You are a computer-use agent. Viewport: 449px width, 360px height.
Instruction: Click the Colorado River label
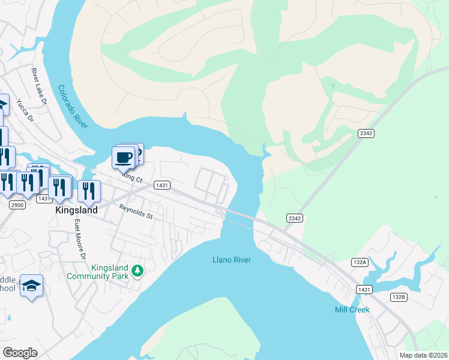73,107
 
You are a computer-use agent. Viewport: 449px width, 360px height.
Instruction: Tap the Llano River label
231,260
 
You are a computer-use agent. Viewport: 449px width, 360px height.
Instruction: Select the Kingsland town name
76,211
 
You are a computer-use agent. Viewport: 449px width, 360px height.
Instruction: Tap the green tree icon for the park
138,272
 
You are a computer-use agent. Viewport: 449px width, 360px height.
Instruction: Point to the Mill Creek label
352,310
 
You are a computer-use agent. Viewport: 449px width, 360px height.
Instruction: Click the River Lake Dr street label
40,86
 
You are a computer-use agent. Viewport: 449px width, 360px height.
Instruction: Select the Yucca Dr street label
25,110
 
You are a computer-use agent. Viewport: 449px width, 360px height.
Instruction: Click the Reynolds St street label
136,212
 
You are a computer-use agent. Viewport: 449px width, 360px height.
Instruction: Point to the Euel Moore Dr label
78,239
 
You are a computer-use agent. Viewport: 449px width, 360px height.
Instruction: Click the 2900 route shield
17,205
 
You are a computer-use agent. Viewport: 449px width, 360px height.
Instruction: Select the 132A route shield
360,263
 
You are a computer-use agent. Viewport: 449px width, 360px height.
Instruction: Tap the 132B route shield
399,297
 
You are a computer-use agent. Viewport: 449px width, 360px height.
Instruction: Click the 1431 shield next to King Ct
161,185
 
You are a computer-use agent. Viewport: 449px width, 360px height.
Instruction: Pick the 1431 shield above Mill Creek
364,289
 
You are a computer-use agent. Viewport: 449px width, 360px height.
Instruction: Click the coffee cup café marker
123,157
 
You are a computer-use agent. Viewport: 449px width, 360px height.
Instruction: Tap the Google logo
20,352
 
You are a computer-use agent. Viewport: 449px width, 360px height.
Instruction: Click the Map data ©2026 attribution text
424,355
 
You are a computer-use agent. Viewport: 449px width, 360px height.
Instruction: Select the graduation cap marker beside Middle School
31,286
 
